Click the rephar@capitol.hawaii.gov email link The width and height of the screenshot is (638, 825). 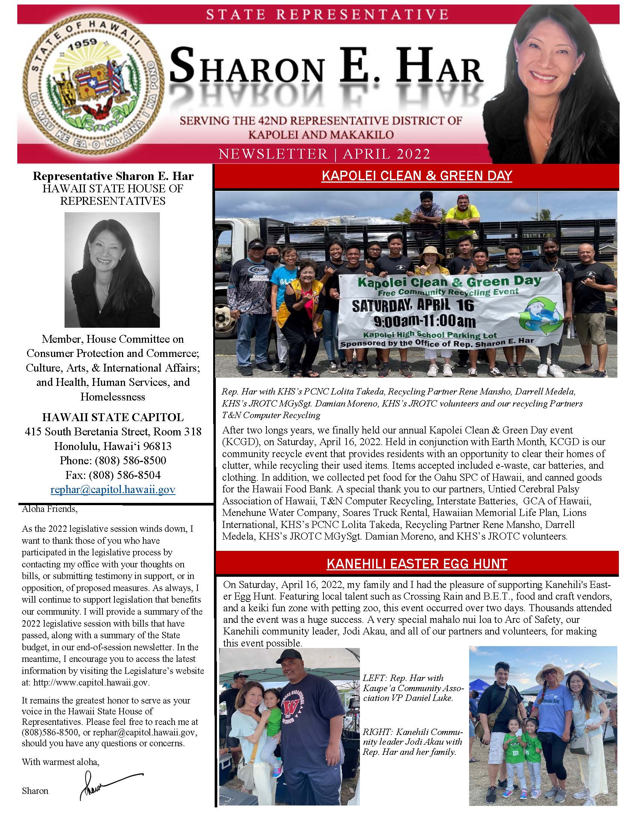pos(113,490)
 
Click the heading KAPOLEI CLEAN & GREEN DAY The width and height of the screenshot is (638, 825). pos(417,176)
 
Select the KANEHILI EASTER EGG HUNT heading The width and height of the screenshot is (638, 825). pos(417,564)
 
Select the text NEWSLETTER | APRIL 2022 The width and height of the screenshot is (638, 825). pos(324,154)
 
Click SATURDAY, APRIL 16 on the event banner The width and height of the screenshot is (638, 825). pos(413,305)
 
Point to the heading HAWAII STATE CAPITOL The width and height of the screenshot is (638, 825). pos(113,417)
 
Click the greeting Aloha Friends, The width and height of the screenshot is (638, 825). pos(50,509)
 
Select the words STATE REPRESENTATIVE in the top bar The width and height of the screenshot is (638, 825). pos(327,15)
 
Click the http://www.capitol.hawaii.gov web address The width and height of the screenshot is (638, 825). pos(91,682)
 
